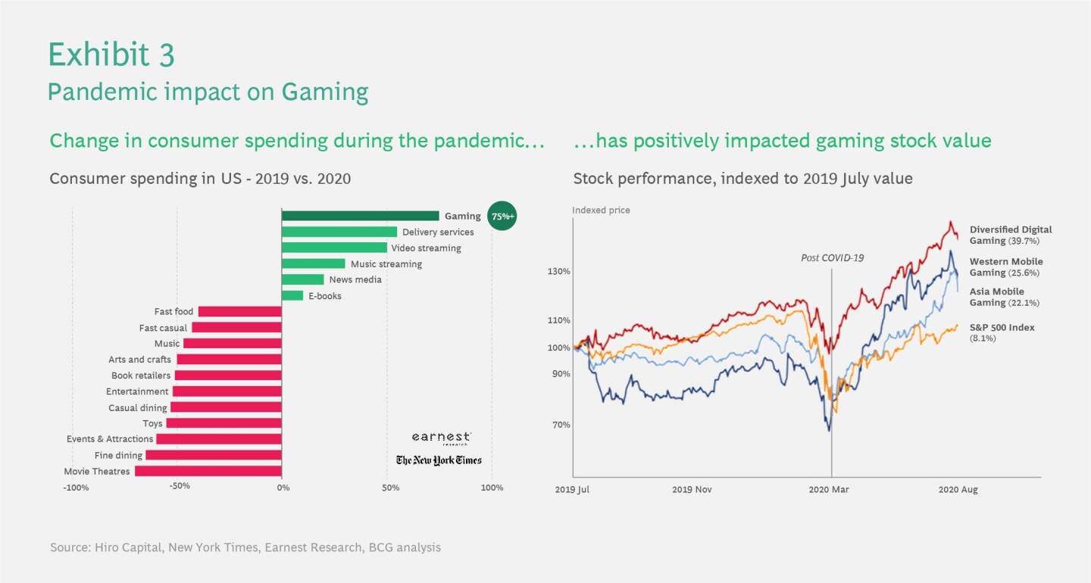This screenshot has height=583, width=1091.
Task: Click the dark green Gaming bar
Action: pyautogui.click(x=360, y=216)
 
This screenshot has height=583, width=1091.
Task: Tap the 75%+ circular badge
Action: pyautogui.click(x=501, y=217)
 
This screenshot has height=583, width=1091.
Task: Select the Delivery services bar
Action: pyautogui.click(x=339, y=232)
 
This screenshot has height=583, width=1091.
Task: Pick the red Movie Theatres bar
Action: pyautogui.click(x=208, y=471)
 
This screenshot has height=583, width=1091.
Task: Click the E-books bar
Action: pyautogui.click(x=292, y=296)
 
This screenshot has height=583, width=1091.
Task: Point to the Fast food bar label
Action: pyautogui.click(x=173, y=312)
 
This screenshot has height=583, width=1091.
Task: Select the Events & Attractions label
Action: pyautogui.click(x=110, y=439)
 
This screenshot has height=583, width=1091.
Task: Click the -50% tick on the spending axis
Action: pyautogui.click(x=179, y=488)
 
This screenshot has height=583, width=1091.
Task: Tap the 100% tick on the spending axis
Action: pyautogui.click(x=492, y=488)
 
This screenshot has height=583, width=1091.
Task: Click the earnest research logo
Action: pyautogui.click(x=441, y=438)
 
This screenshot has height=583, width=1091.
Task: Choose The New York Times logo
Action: pyautogui.click(x=438, y=460)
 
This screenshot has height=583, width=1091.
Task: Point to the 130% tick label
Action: pyautogui.click(x=558, y=272)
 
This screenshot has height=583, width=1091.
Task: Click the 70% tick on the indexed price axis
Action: pyautogui.click(x=561, y=425)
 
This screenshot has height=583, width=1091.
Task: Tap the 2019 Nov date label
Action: pyautogui.click(x=692, y=490)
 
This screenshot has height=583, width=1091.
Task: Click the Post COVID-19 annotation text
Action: pyautogui.click(x=832, y=258)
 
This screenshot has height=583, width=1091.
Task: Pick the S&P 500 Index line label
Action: pyautogui.click(x=1002, y=328)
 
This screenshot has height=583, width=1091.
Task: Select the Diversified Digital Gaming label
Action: pyautogui.click(x=1010, y=235)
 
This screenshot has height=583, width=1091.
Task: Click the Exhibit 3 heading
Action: pyautogui.click(x=111, y=55)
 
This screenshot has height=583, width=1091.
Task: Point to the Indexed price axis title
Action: pyautogui.click(x=601, y=210)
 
